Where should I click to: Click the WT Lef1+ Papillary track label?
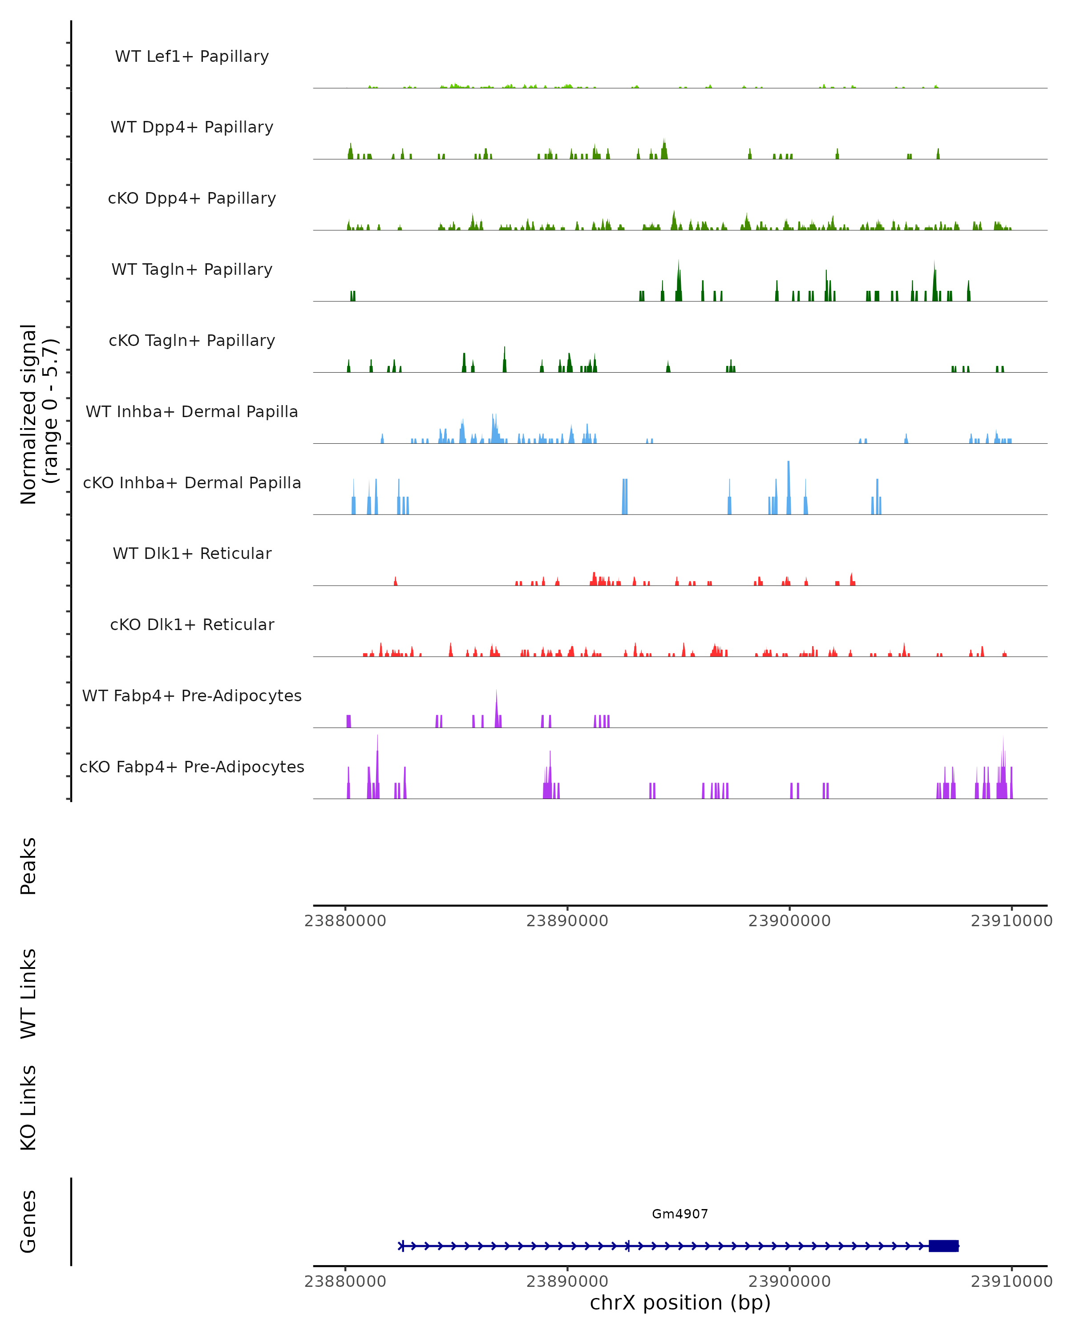point(192,56)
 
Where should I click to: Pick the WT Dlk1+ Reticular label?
point(192,553)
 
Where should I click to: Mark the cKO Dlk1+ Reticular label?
point(192,624)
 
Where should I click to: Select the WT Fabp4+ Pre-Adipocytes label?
point(192,695)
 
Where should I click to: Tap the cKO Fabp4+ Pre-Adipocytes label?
point(192,767)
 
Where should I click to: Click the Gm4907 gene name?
point(680,1214)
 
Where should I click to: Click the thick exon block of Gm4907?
point(943,1246)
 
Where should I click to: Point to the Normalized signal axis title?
point(38,414)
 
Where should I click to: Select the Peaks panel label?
point(28,866)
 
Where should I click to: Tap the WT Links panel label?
point(28,993)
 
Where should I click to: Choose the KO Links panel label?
point(28,1108)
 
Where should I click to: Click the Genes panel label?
point(28,1222)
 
